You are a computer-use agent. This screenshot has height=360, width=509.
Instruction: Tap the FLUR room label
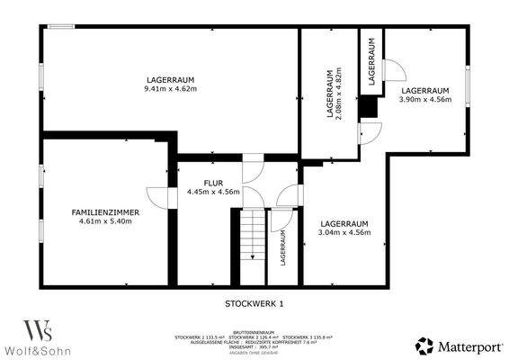click(212, 182)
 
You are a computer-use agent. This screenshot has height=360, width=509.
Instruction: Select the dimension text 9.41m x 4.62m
click(171, 90)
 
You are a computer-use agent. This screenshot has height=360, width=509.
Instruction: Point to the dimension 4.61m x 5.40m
click(106, 221)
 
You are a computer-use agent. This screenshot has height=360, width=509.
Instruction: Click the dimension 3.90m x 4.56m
click(424, 100)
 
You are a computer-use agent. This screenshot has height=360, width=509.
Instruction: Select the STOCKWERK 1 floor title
click(254, 303)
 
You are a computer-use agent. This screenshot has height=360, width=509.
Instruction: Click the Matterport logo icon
click(422, 345)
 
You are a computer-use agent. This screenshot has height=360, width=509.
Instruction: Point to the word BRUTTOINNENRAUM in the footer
click(254, 330)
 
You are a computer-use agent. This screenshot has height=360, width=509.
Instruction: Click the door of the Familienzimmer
click(156, 197)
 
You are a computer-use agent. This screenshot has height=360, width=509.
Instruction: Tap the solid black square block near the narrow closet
click(367, 105)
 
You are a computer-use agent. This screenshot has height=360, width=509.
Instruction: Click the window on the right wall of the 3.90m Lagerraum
click(467, 86)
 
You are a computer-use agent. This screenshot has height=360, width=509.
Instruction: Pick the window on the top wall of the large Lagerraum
click(61, 27)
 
